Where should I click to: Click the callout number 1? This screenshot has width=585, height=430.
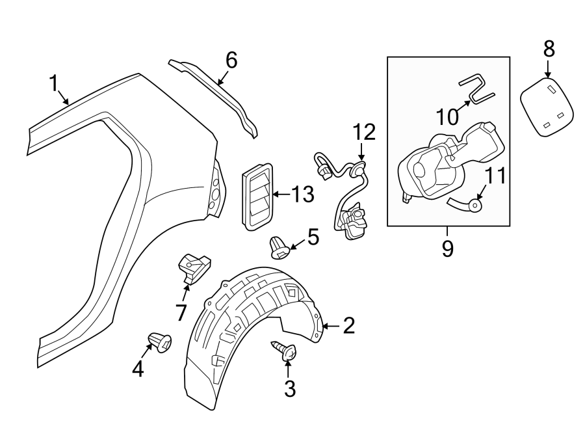click(x=54, y=83)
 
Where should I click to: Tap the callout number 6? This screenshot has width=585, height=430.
click(x=231, y=60)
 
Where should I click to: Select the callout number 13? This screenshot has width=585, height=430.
click(x=302, y=194)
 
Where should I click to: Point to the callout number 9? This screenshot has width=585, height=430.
click(x=447, y=249)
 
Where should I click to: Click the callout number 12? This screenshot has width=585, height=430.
click(x=364, y=133)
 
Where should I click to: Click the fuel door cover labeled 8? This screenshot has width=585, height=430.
click(x=548, y=107)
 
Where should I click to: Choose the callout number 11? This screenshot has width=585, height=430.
click(x=495, y=176)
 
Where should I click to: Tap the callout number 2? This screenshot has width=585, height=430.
click(x=348, y=326)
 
